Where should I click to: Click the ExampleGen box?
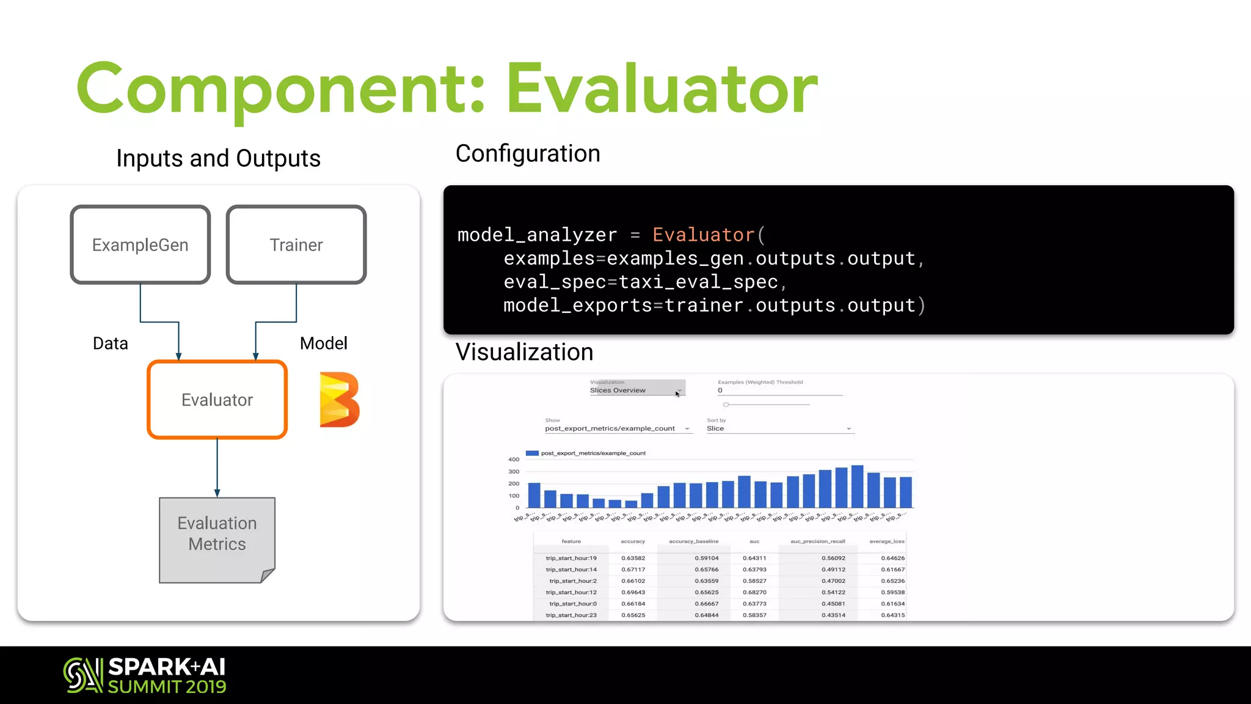click(x=140, y=244)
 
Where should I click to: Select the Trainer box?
click(x=296, y=244)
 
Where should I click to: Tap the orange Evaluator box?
click(x=217, y=400)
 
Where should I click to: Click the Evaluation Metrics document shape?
click(x=217, y=539)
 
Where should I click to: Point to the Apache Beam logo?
click(x=339, y=400)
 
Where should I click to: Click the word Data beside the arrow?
click(x=111, y=343)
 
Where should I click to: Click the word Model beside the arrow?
click(x=323, y=343)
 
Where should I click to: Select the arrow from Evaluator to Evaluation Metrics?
click(x=217, y=468)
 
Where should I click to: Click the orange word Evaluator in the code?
click(x=703, y=235)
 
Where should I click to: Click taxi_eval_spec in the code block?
click(x=698, y=282)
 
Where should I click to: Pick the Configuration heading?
click(x=528, y=153)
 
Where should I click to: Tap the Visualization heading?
click(x=524, y=352)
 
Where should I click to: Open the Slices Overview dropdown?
click(x=636, y=390)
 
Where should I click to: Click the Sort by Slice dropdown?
click(x=779, y=428)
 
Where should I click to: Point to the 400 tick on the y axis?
click(x=514, y=460)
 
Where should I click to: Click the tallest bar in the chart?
click(x=857, y=486)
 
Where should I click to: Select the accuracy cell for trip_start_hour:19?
click(x=633, y=558)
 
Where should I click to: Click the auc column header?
click(x=754, y=541)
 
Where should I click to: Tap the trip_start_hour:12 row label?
click(x=571, y=592)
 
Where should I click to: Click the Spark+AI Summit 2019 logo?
click(x=145, y=675)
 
